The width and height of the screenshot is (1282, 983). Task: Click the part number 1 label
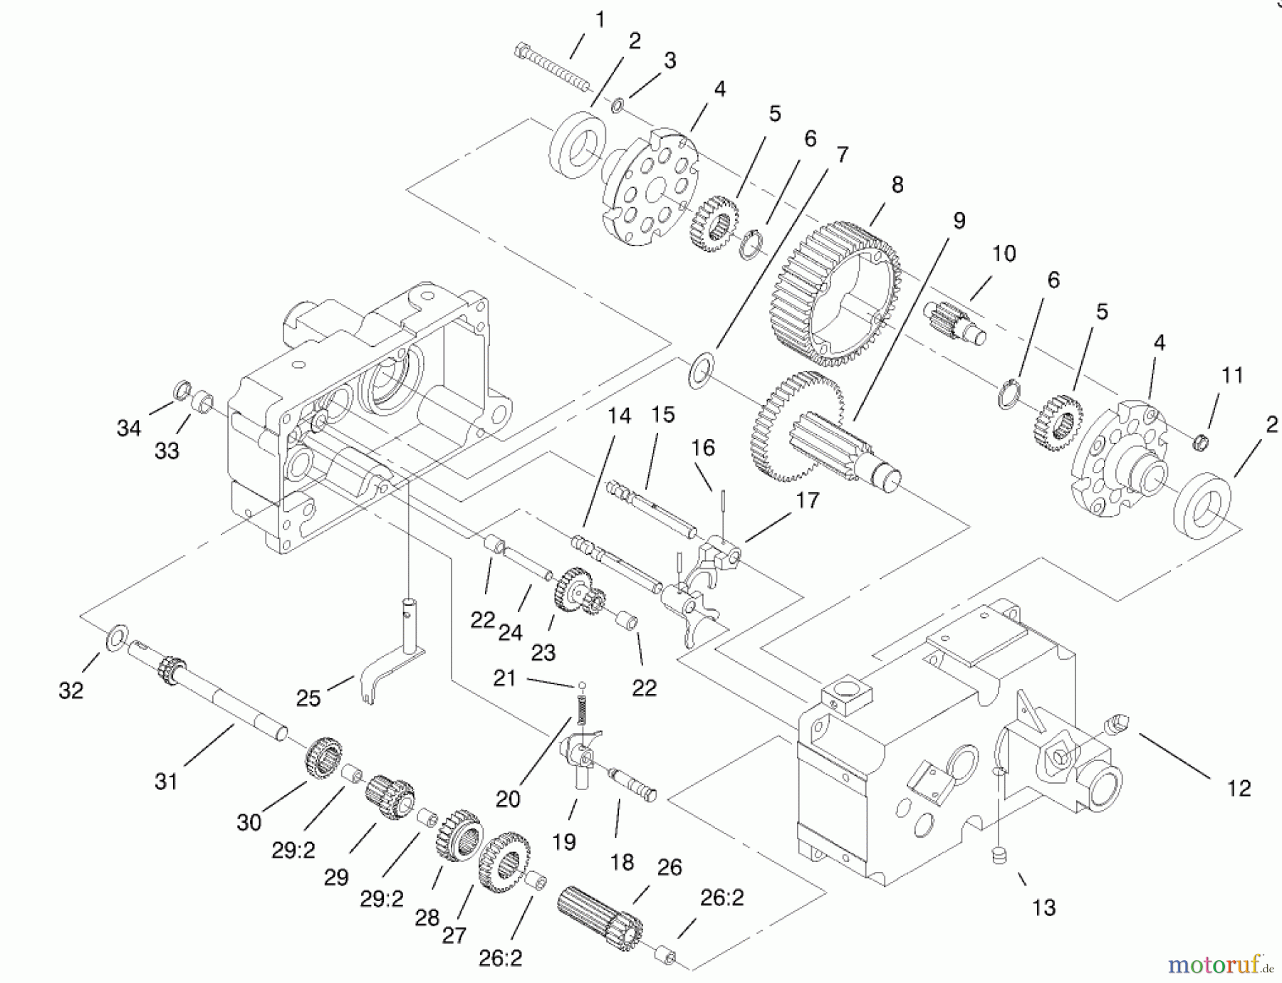click(x=600, y=20)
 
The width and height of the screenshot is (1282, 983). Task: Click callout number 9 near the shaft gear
click(x=959, y=221)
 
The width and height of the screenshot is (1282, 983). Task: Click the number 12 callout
click(x=1239, y=788)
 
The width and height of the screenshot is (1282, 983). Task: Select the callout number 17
click(x=807, y=500)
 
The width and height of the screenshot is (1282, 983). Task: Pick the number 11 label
click(x=1232, y=375)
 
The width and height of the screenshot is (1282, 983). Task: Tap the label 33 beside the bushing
click(x=167, y=451)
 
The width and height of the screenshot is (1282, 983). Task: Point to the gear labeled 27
click(x=506, y=862)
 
